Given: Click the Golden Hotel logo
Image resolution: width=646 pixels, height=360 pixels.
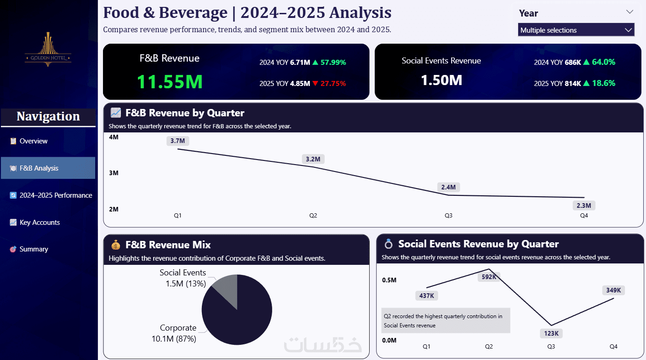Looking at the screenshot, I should click(48, 50).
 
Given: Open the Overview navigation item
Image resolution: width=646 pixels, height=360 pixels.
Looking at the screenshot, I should click(33, 141).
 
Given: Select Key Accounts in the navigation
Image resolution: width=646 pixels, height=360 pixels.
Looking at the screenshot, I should click(40, 223).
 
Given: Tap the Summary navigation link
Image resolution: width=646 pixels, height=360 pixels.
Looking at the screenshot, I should click(34, 249).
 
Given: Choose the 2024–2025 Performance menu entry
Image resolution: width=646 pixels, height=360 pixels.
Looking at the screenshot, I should click(56, 195).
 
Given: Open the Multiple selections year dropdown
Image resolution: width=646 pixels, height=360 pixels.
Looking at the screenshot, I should click(576, 30).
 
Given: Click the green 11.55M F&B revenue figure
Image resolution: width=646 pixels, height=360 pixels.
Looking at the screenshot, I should click(170, 81).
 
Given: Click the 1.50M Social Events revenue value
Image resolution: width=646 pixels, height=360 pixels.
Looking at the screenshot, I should click(441, 80).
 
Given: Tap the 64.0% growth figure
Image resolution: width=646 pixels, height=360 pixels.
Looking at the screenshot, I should click(603, 62).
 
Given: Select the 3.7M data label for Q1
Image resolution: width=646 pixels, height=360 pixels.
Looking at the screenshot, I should click(177, 141).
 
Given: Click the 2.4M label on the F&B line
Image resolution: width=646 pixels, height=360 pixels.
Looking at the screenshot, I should click(448, 187).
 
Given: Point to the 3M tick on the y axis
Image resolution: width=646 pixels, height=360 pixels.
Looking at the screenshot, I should click(113, 173).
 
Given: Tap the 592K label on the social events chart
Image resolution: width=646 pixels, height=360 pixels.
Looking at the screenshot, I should click(489, 277).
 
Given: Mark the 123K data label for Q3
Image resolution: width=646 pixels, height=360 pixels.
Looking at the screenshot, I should click(551, 333).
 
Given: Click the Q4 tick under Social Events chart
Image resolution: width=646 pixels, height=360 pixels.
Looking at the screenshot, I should click(613, 346).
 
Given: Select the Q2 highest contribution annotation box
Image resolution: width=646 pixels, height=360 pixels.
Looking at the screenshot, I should click(446, 320).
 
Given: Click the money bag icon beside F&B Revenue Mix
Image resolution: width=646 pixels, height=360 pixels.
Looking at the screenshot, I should click(115, 245).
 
